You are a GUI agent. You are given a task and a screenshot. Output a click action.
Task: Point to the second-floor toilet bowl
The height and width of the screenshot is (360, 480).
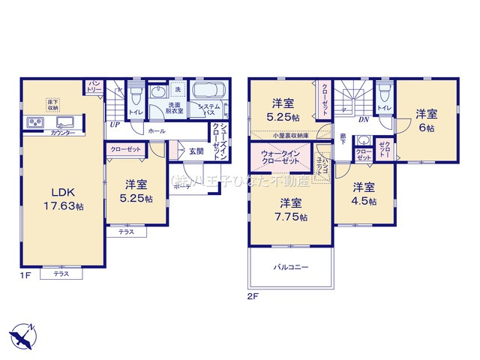(384, 94)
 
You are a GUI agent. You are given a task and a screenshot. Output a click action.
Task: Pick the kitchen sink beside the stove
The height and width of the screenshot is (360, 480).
(62, 122)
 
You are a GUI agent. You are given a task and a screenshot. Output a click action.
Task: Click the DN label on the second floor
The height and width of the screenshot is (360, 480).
(363, 119)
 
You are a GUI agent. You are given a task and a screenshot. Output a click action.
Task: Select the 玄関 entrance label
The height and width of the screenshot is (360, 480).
(195, 151)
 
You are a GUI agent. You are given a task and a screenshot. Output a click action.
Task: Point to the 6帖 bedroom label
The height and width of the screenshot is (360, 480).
(426, 121)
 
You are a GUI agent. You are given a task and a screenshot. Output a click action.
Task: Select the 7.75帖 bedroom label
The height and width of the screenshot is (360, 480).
(291, 209)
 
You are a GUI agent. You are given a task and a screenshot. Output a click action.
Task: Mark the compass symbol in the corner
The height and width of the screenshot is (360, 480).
(22, 332)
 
